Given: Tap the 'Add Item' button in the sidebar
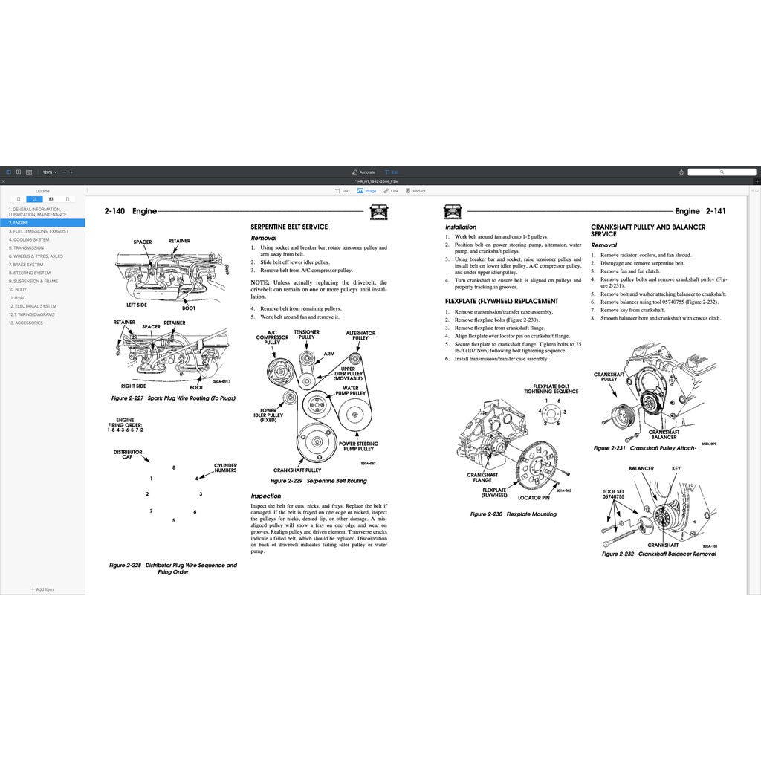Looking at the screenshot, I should coord(42,589).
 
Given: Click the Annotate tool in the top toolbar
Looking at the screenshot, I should coord(363,172).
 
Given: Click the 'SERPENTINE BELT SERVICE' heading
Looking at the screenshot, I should coord(289,227).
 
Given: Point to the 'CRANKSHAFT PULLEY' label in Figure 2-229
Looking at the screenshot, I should coord(297,470).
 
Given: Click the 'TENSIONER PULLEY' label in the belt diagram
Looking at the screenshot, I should coord(306,334).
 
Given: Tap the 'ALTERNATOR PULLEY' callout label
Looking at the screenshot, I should coord(360,336).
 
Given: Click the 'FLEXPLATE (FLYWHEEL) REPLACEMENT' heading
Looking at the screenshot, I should coord(502,301).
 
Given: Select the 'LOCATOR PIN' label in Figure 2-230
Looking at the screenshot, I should coord(534,497).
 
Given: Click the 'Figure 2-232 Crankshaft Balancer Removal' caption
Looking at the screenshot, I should coord(658,554).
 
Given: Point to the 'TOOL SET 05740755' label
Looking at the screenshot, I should coord(613,494).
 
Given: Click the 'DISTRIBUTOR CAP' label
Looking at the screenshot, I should coord(128,454).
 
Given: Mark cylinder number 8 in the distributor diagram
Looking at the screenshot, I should coord(174,467).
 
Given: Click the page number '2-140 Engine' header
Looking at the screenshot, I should coord(131,211).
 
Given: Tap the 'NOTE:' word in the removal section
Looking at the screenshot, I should coord(260,282).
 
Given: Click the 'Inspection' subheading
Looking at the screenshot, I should coord(266,496).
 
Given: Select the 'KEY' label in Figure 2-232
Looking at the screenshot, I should coord(676,469).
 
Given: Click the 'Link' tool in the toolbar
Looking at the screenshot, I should coord(391,191).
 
